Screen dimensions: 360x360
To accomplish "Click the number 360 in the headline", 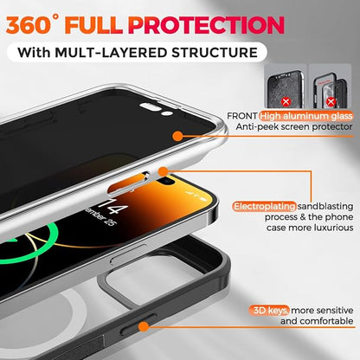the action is click(29, 25).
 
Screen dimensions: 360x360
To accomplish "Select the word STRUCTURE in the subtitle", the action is click(215, 53).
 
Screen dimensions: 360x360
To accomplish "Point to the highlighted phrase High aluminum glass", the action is click(306, 116).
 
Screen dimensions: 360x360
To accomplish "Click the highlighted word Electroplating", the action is click(265, 207).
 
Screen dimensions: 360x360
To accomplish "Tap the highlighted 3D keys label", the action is click(270, 311).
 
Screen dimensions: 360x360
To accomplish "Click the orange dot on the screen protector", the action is click(178, 136).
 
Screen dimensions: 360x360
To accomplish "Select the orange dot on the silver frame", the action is click(163, 171).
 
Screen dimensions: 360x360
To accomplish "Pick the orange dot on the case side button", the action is click(144, 327).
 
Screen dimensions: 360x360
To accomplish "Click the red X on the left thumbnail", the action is click(286, 101).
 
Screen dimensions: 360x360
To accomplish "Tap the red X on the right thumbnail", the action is click(331, 101).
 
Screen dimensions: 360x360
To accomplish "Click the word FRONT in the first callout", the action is click(242, 116).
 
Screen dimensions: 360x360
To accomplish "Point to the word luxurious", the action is click(333, 228).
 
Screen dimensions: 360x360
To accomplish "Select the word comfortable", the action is click(317, 321).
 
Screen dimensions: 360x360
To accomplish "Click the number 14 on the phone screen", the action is click(113, 205).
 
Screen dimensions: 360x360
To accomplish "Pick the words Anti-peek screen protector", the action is click(294, 126).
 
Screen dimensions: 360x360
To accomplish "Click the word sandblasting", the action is click(325, 207).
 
